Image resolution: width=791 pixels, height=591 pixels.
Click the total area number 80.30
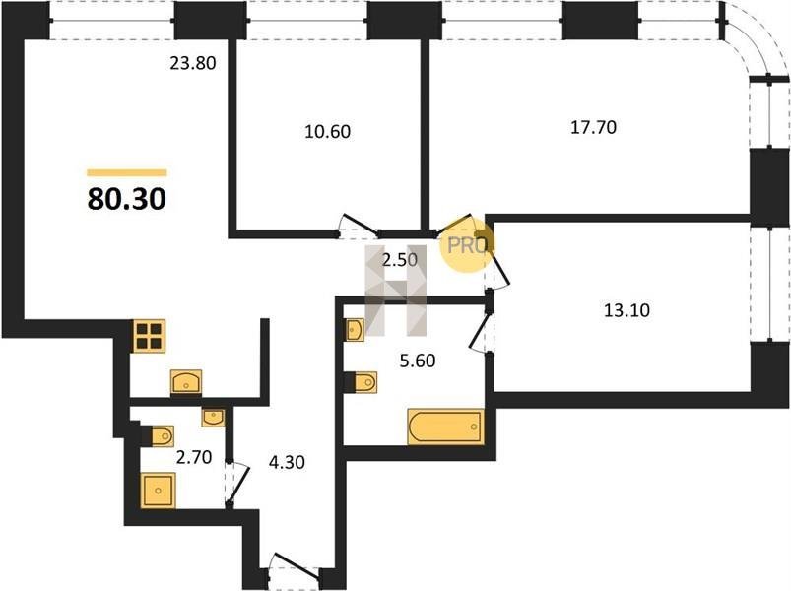127,199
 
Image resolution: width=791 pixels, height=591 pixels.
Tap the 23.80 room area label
192,64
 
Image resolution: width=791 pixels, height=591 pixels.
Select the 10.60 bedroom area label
327,132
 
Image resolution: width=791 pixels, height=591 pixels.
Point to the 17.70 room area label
593,128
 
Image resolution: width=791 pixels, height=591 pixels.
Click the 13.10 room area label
626,310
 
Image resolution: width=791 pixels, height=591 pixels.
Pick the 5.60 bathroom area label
418,361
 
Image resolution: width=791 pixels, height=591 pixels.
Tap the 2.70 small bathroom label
193,458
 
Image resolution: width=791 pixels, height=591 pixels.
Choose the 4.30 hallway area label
287,462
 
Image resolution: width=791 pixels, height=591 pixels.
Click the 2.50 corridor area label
400,261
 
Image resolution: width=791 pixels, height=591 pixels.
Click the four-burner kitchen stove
150,335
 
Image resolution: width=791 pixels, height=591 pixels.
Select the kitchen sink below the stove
186,381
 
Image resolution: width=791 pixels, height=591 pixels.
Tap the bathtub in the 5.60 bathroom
445,427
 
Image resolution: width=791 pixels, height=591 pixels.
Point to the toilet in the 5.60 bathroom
361,382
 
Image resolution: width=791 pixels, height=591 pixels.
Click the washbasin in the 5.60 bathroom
355,330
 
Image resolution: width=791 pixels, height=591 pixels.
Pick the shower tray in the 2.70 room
158,491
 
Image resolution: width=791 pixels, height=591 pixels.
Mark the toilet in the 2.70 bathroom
158,436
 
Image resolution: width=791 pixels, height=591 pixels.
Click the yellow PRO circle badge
467,244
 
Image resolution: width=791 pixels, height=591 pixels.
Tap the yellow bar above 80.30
127,173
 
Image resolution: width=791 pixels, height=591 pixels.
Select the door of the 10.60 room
359,225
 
